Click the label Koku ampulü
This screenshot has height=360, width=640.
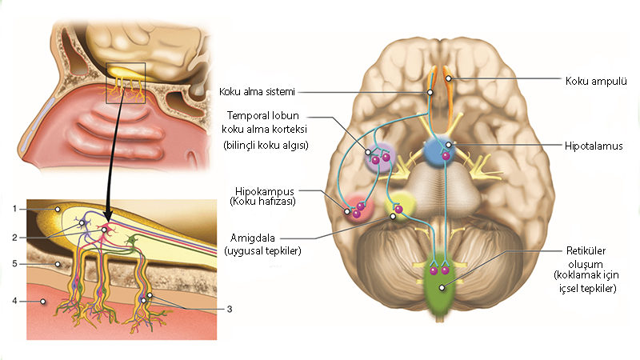coord(595,82)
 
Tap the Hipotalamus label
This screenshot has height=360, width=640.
coord(593,146)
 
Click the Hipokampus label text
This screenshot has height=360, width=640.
coord(266,191)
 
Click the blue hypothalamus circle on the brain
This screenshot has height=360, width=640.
coord(439,150)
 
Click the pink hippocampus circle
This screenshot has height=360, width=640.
coord(357,209)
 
